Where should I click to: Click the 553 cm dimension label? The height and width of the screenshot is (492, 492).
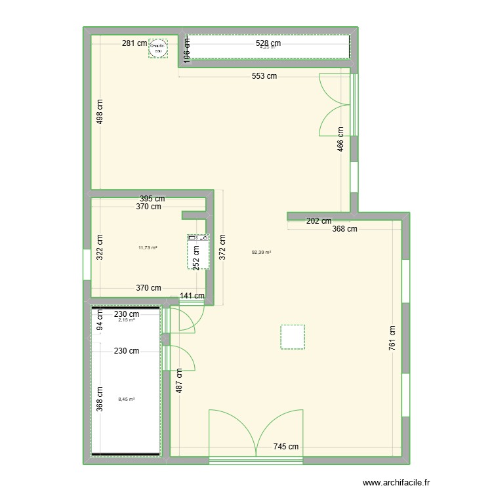(264, 76)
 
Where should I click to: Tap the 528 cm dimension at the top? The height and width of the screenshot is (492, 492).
(268, 44)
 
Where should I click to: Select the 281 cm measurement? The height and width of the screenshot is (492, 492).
(134, 44)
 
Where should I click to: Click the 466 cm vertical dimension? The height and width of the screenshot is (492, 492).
(340, 139)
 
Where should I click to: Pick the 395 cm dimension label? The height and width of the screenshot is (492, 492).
(152, 198)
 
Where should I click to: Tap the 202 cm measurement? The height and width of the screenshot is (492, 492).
(319, 221)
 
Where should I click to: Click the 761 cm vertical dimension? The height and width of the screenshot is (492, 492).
(393, 339)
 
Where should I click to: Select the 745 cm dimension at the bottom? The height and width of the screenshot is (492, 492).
(286, 447)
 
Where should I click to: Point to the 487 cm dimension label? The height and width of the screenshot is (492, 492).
(178, 381)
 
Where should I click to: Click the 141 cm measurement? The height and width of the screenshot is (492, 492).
(192, 296)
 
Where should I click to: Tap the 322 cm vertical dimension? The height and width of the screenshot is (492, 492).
(100, 247)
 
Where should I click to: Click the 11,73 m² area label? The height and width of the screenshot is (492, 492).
(148, 247)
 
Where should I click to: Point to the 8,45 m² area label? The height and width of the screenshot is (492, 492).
(127, 399)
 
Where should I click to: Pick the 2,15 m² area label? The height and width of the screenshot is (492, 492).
(127, 320)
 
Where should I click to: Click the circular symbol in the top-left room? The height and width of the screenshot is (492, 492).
(158, 47)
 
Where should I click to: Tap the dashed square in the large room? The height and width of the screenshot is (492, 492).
(293, 337)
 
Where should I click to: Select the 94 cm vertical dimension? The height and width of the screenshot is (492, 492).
(100, 323)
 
